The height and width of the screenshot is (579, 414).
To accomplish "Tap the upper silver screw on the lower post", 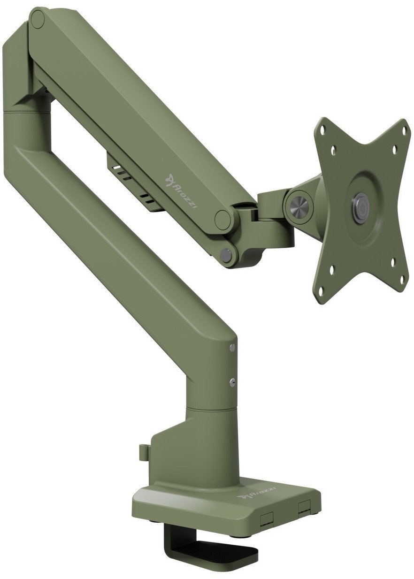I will pos(232,347).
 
